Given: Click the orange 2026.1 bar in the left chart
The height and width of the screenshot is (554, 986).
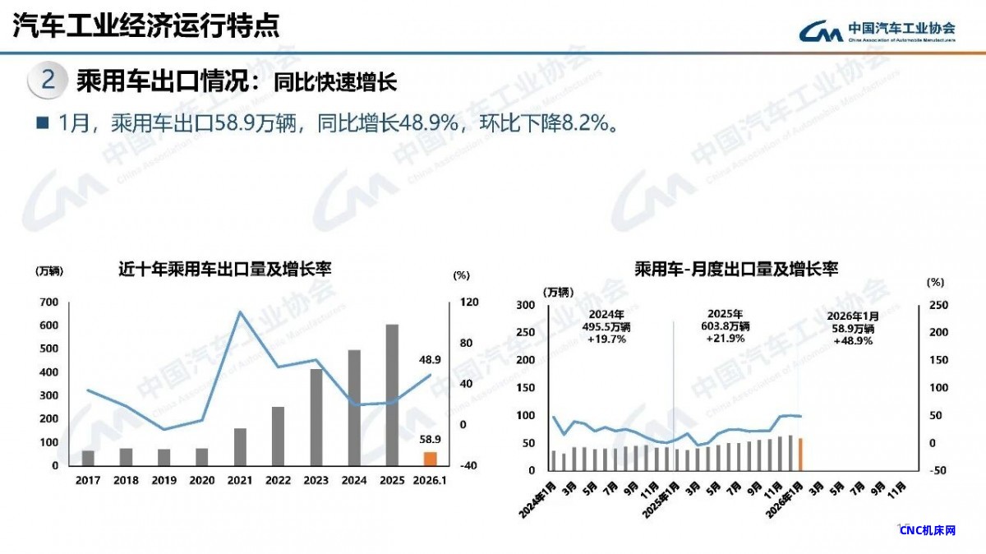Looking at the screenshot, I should tap(430, 459).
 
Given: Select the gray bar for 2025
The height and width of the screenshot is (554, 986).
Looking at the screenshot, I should tap(392, 395).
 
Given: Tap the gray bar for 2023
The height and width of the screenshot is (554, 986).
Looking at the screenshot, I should tap(316, 417).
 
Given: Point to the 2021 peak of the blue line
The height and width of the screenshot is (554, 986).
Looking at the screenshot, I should tap(240, 312).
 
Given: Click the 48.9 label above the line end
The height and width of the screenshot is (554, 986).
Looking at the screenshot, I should tap(430, 359).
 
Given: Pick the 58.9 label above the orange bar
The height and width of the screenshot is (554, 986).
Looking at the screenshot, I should tap(430, 439).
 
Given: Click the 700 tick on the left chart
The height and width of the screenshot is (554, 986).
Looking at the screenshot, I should tap(48, 302).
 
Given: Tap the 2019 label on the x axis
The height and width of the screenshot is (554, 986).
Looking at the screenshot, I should tap(164, 481).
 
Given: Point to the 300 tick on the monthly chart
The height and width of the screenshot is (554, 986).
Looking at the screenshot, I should tap(524, 305).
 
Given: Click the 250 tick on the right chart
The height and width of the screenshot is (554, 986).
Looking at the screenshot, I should tap(938, 305).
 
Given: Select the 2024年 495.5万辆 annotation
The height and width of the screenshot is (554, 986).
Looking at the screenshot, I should tap(607, 326).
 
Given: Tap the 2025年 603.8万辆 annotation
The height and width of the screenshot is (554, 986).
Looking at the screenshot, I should tap(726, 326).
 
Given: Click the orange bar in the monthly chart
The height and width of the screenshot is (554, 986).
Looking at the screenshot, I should tap(800, 454).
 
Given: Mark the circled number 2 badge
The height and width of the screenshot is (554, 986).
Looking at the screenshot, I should tap(48, 81).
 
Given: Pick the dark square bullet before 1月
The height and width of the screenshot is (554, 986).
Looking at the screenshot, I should tap(43, 122).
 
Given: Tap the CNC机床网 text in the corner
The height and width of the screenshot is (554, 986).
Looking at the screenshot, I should tap(928, 530).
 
